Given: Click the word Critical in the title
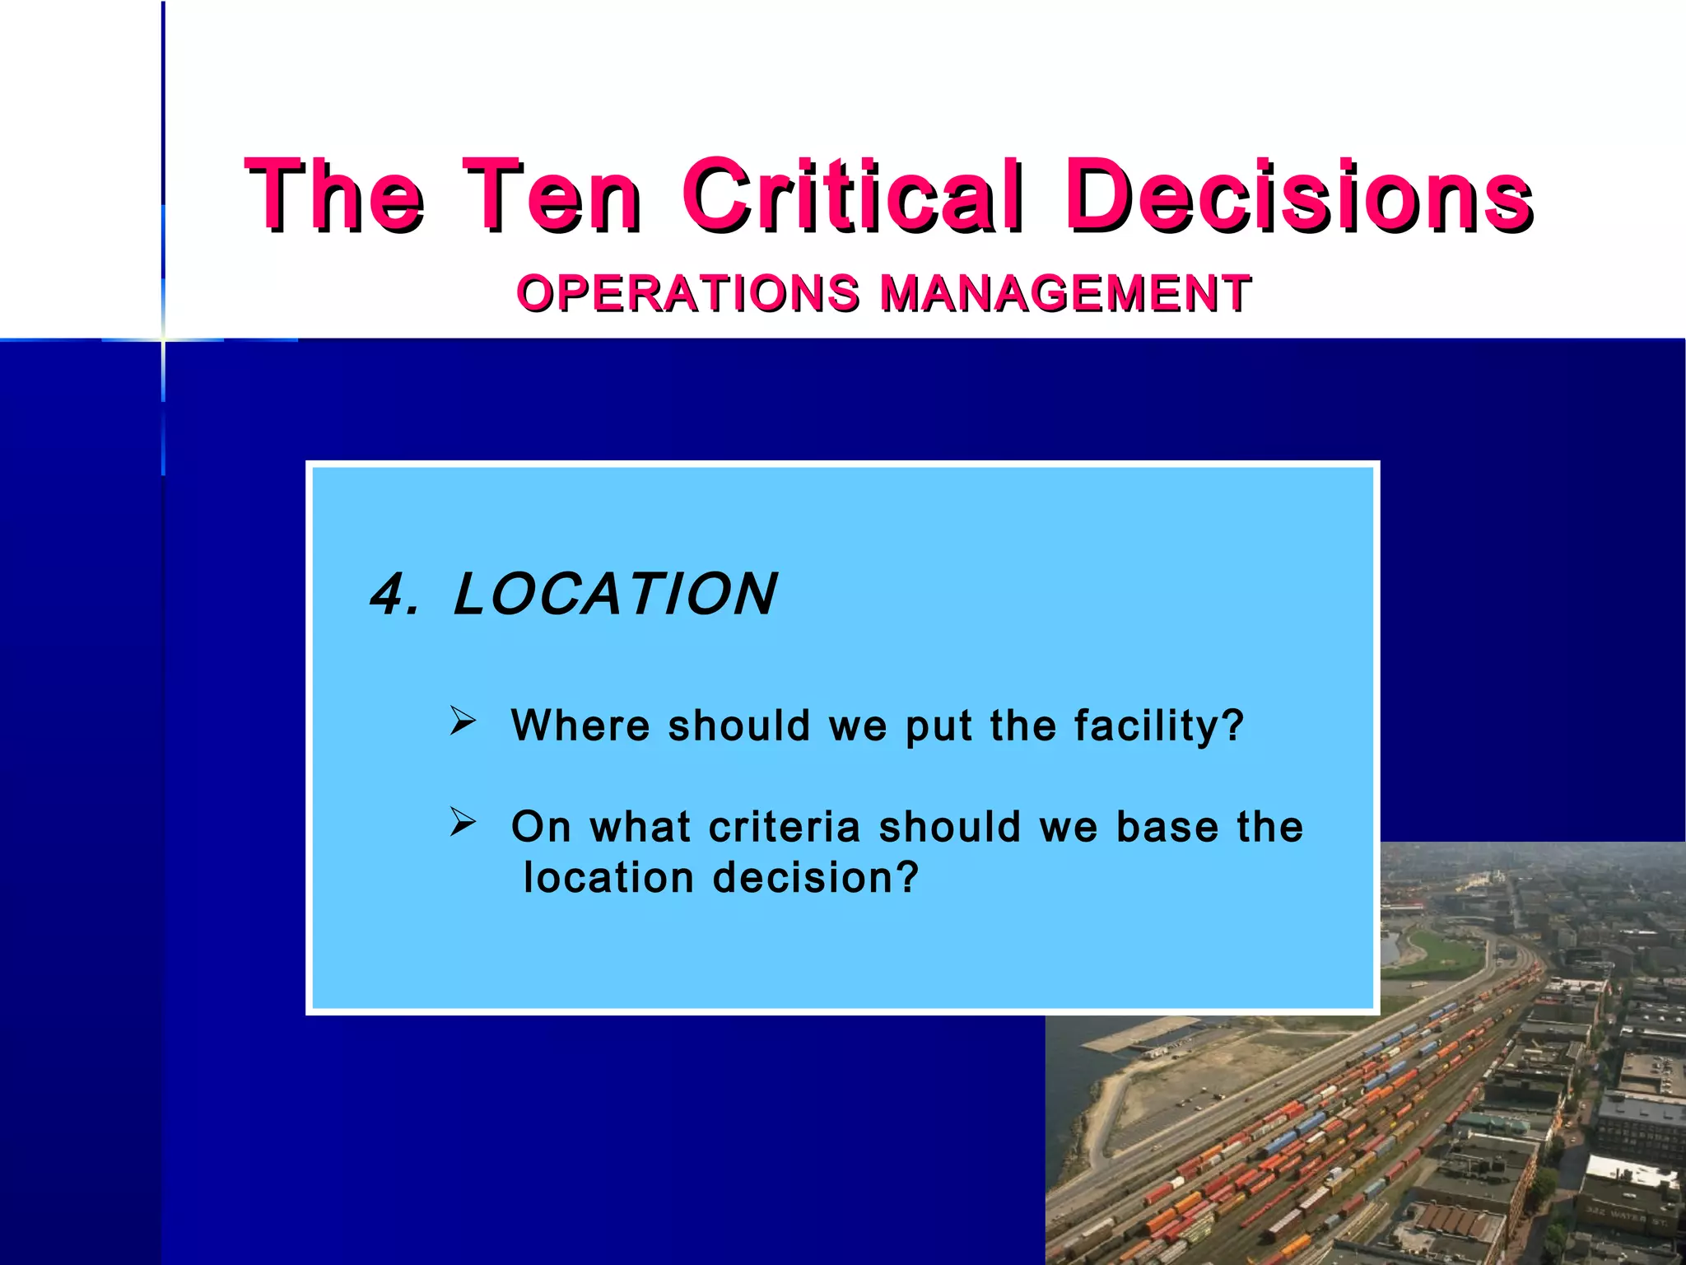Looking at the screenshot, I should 853,195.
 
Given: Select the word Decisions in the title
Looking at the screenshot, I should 1298,195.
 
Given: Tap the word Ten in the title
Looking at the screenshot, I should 551,195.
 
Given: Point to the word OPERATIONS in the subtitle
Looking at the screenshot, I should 688,293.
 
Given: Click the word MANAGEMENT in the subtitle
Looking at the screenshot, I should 1065,293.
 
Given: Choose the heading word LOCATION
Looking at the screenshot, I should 614,595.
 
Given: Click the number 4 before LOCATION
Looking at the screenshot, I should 389,595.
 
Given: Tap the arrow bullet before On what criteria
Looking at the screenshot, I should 463,822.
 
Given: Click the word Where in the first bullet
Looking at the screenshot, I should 580,726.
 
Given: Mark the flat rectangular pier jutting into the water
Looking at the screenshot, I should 1136,1039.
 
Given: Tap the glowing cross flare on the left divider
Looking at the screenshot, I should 163,339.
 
